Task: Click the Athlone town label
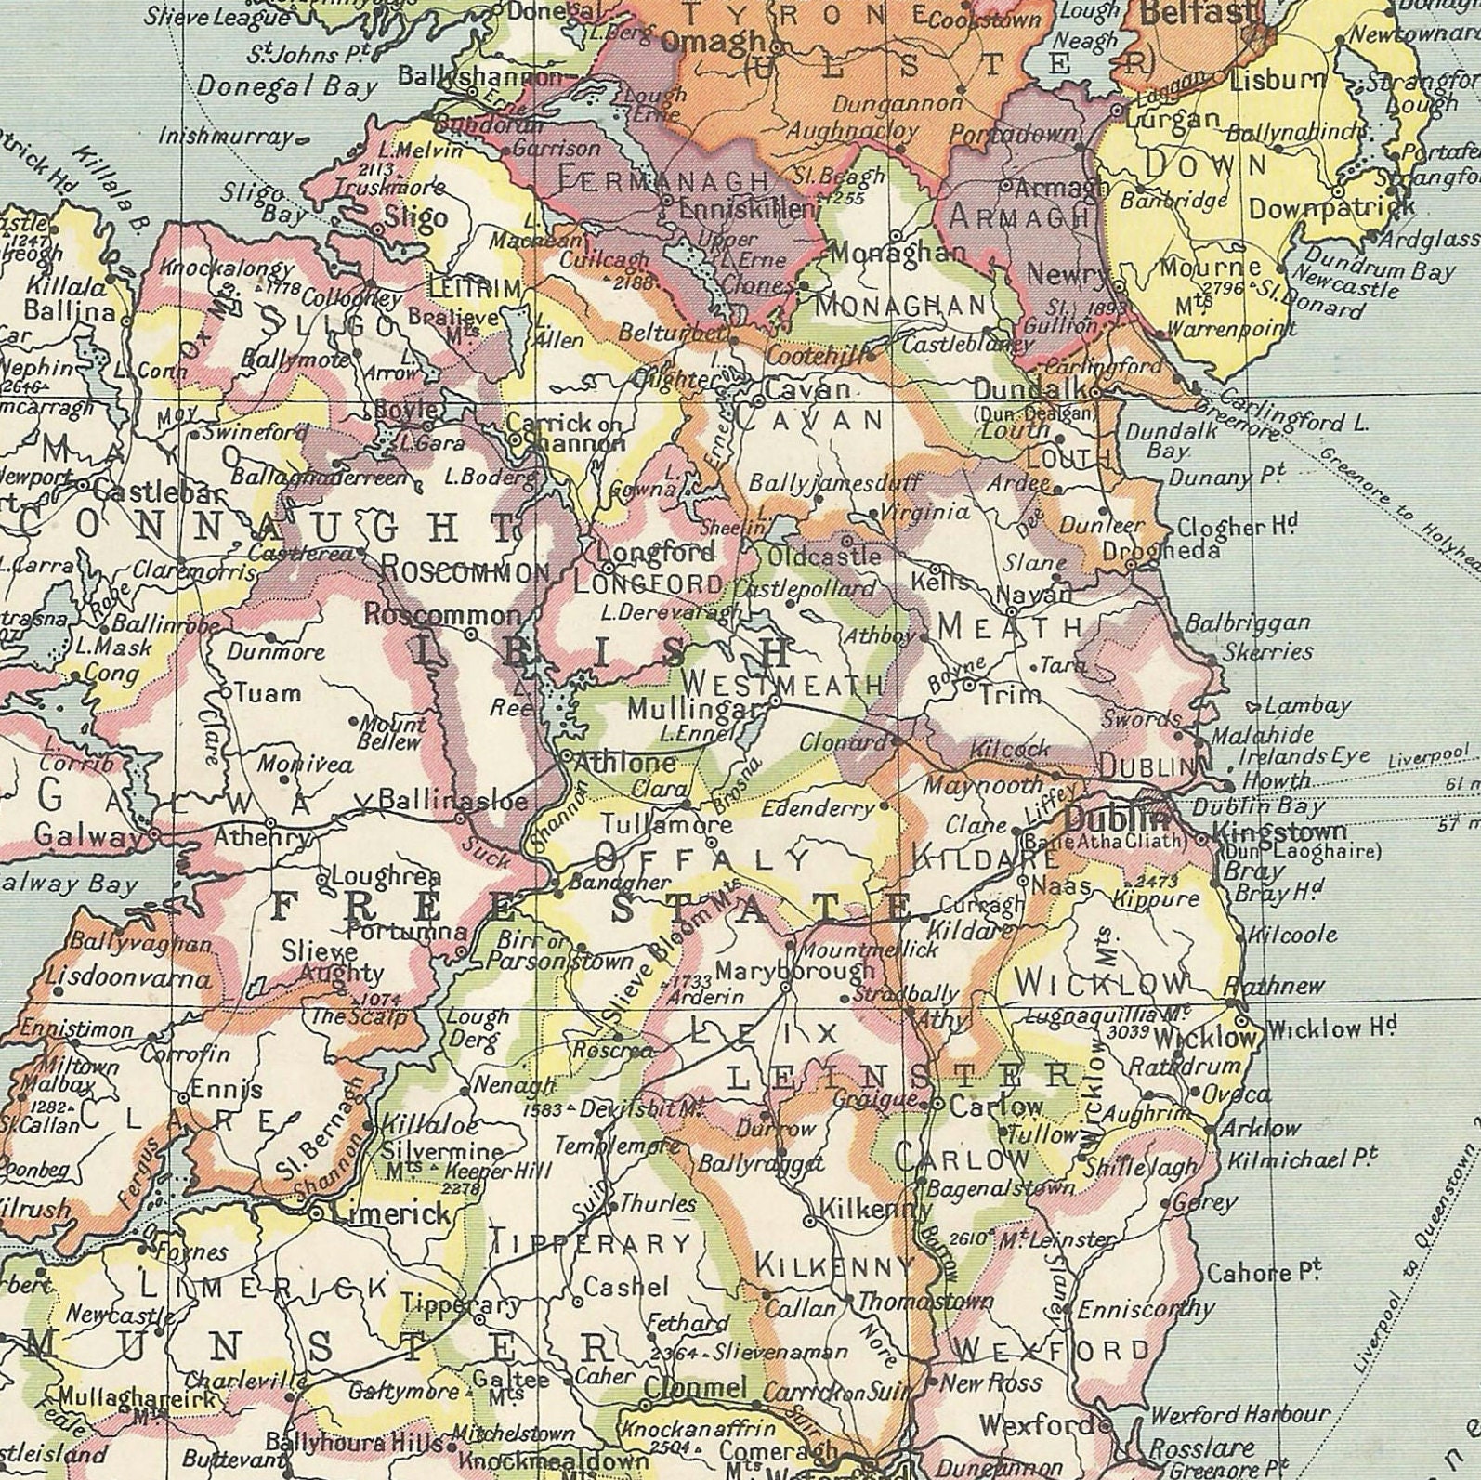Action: point(625,763)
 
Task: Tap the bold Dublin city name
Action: point(1115,819)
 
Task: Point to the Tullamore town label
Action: point(666,824)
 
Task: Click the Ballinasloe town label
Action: point(453,800)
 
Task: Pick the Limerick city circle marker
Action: point(317,1212)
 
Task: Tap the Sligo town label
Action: point(415,218)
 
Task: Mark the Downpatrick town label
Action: point(1330,208)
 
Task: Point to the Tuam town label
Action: point(268,692)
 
